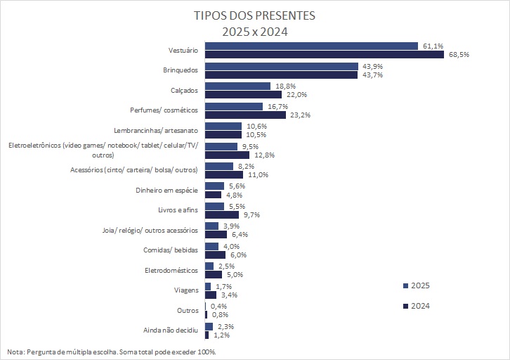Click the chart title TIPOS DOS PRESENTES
tap(254, 15)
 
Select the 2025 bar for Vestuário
tap(311, 46)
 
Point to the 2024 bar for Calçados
tap(243, 94)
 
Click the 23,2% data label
tap(299, 115)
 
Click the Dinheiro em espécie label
tap(168, 190)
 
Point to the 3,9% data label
tap(231, 226)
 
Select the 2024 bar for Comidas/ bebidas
tap(215, 255)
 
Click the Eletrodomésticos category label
tap(171, 270)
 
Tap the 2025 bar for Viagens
tap(208, 286)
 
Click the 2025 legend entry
tap(417, 285)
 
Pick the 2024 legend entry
tap(417, 306)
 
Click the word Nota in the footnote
tap(15, 351)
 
